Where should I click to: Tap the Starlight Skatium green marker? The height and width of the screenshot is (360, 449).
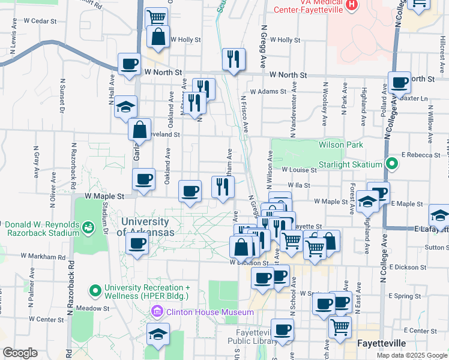pos(392,164)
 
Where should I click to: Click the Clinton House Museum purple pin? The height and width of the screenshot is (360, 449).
pos(157,311)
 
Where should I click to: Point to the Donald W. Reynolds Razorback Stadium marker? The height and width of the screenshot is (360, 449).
pos(88,227)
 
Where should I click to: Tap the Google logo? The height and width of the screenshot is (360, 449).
pos(20,352)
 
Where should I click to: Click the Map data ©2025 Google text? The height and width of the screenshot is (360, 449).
pos(411,355)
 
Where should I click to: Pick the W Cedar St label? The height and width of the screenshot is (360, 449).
pos(39,20)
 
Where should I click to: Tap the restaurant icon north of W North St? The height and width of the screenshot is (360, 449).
pos(234,59)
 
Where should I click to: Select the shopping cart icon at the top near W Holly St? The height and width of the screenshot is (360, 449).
pos(157,17)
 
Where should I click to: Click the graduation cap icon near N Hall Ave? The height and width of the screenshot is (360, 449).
pos(125,107)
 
